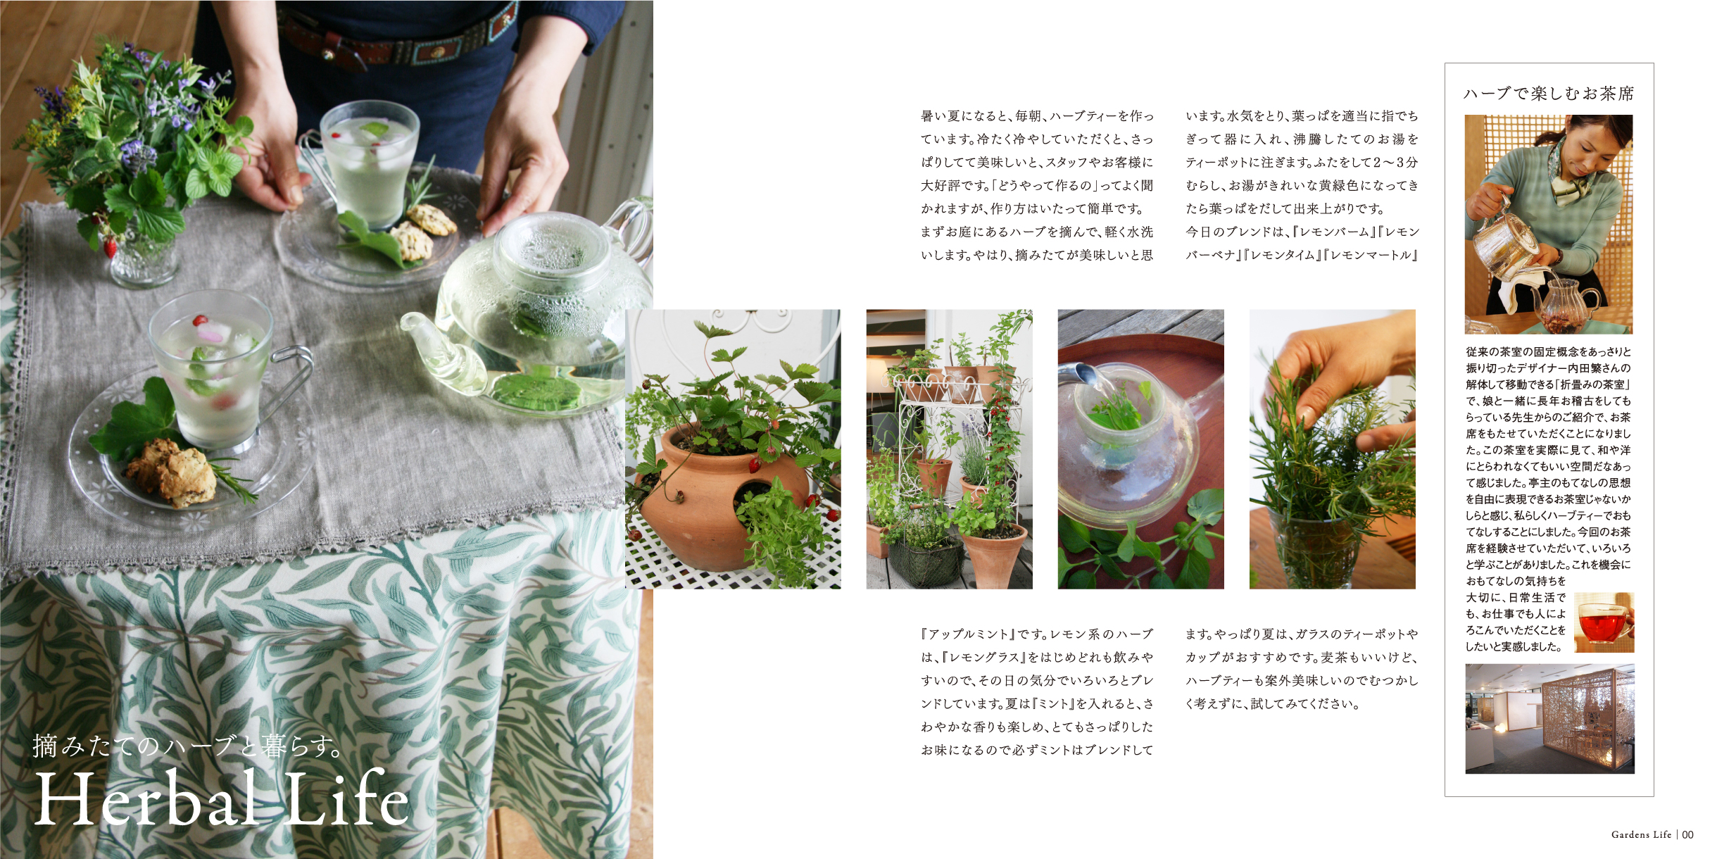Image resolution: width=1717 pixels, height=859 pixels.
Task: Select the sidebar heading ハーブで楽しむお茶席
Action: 1548,94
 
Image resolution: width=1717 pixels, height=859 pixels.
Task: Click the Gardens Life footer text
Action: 1641,834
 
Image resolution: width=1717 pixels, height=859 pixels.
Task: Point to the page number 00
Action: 1687,834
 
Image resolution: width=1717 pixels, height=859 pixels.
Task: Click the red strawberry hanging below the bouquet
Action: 110,247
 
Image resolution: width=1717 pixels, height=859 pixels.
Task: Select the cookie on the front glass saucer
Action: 173,472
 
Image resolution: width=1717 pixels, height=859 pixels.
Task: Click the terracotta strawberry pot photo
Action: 733,449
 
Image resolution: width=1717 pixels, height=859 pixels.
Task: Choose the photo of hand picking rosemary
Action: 1332,449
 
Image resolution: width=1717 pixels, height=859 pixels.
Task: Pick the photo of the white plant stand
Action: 949,449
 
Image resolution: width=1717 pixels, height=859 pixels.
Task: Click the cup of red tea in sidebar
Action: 1603,622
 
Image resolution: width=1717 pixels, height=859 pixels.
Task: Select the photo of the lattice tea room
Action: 1549,718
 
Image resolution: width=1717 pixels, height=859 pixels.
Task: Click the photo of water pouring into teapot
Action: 1140,449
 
